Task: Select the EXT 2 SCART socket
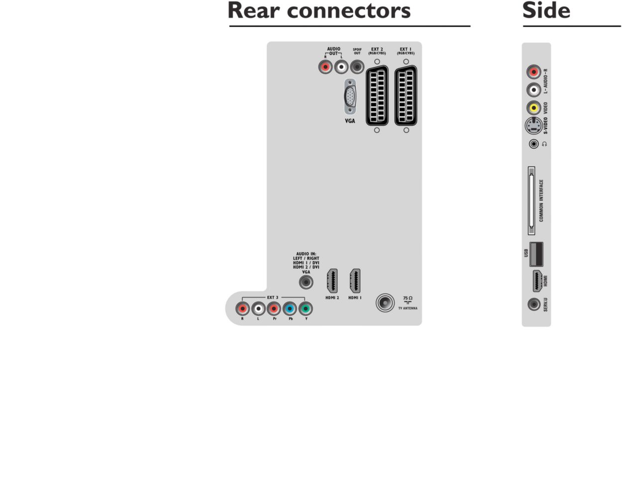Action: tap(377, 96)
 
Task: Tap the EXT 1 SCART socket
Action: tap(406, 96)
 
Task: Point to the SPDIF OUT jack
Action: tap(357, 67)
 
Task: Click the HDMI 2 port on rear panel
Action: tap(332, 282)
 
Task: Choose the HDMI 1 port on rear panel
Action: tap(355, 282)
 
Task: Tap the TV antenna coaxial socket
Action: tap(385, 302)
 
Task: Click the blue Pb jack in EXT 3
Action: tap(290, 309)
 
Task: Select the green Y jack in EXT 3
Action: tap(306, 309)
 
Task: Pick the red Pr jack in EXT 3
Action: tap(274, 309)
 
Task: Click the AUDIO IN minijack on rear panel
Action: tap(306, 283)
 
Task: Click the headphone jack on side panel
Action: tap(534, 144)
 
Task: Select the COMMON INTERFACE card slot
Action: tap(531, 200)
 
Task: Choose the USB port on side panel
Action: tap(536, 254)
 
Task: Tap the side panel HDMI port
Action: tap(536, 281)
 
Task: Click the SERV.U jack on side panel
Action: tap(534, 303)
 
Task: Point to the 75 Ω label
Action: tap(408, 298)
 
